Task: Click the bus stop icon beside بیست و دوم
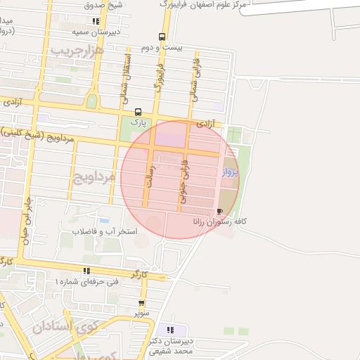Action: tap(162, 37)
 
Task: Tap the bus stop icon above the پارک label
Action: tap(138, 112)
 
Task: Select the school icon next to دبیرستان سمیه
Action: tap(96, 21)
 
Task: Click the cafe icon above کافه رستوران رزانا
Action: tap(221, 211)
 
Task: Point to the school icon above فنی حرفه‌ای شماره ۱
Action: tap(86, 271)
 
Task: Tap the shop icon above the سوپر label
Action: tap(141, 304)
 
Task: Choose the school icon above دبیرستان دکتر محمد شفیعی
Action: tap(169, 329)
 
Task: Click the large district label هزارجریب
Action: tap(78, 51)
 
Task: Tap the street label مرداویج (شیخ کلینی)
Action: tap(37, 134)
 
